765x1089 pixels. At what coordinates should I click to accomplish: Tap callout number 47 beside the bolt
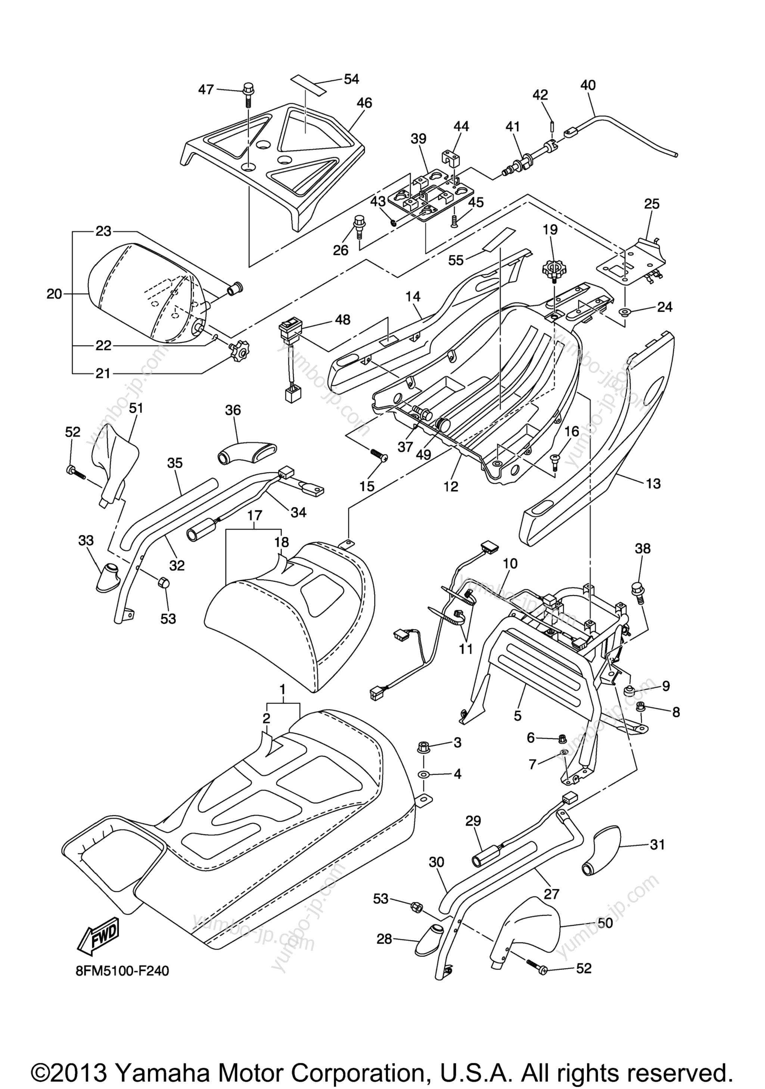tap(206, 89)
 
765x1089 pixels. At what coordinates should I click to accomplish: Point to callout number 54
tap(351, 79)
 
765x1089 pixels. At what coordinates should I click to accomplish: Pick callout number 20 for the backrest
tap(55, 294)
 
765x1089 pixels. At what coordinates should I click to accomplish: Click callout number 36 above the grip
tap(233, 410)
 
